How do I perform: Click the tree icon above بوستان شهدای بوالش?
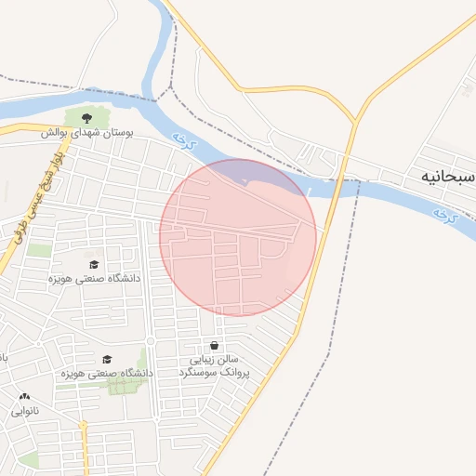click(x=86, y=118)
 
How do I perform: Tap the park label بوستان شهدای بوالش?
click(x=86, y=133)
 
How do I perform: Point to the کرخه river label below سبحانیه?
click(x=445, y=215)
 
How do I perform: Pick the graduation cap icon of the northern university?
click(x=94, y=264)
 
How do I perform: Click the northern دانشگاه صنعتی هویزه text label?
click(x=94, y=278)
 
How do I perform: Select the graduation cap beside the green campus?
click(x=107, y=359)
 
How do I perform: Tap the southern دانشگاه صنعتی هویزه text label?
click(x=106, y=373)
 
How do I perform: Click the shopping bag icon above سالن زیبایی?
click(x=215, y=345)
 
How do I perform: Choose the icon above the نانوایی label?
click(x=24, y=397)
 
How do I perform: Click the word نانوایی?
click(x=24, y=411)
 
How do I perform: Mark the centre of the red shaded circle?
click(x=238, y=237)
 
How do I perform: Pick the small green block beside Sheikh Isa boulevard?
click(x=38, y=250)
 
